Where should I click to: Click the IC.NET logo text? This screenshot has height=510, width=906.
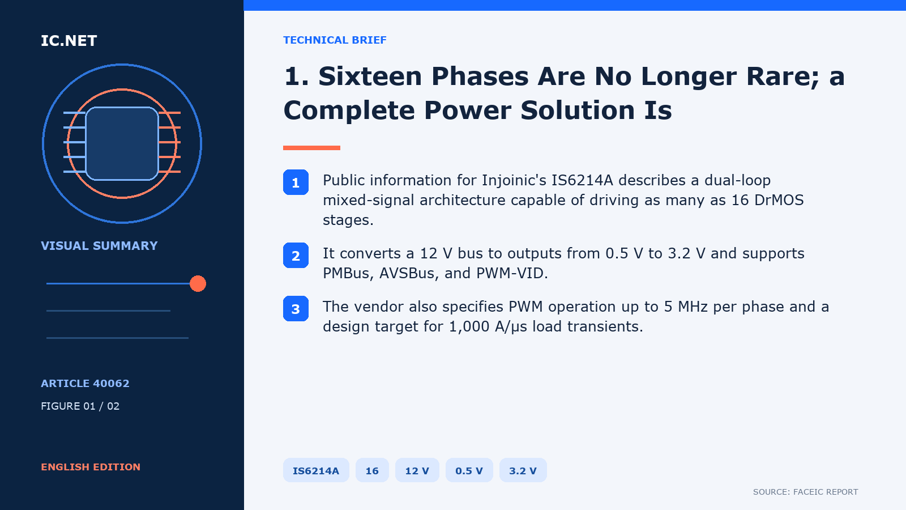pos(69,40)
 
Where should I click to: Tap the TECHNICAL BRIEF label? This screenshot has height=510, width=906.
pos(335,40)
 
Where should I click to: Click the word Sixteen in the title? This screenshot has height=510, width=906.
pos(370,76)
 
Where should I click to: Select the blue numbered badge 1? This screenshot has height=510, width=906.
pos(296,182)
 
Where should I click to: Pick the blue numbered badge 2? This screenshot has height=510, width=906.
pos(296,256)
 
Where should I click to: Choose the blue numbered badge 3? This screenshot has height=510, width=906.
pos(296,309)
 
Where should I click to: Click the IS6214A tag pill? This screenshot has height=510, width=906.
pos(316,470)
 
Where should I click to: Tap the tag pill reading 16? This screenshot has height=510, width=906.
pos(372,470)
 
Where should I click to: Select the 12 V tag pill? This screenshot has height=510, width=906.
pos(417,470)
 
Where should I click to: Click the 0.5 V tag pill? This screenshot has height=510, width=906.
pos(469,470)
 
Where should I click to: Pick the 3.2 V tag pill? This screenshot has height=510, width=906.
pos(523,470)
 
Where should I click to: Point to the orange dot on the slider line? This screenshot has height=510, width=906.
pos(198,283)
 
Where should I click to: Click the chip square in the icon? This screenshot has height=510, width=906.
pos(122,144)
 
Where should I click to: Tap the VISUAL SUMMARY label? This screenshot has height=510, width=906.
pos(99,246)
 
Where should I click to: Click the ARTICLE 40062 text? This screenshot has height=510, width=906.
pos(85,383)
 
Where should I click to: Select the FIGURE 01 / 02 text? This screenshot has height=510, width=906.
pos(80,406)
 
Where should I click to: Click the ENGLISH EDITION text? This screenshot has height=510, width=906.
pos(91,467)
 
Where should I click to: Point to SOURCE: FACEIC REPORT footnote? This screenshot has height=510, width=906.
pos(805,492)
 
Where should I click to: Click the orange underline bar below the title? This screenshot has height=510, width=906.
pos(311,148)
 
